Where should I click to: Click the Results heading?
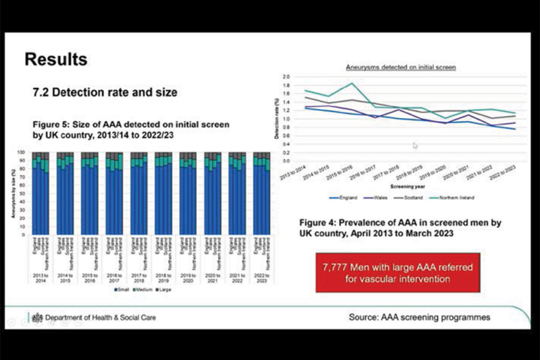click(x=56, y=60)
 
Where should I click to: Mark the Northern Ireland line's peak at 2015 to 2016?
click(x=352, y=84)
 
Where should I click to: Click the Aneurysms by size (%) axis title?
click(x=12, y=192)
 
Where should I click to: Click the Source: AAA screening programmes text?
click(x=419, y=318)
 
